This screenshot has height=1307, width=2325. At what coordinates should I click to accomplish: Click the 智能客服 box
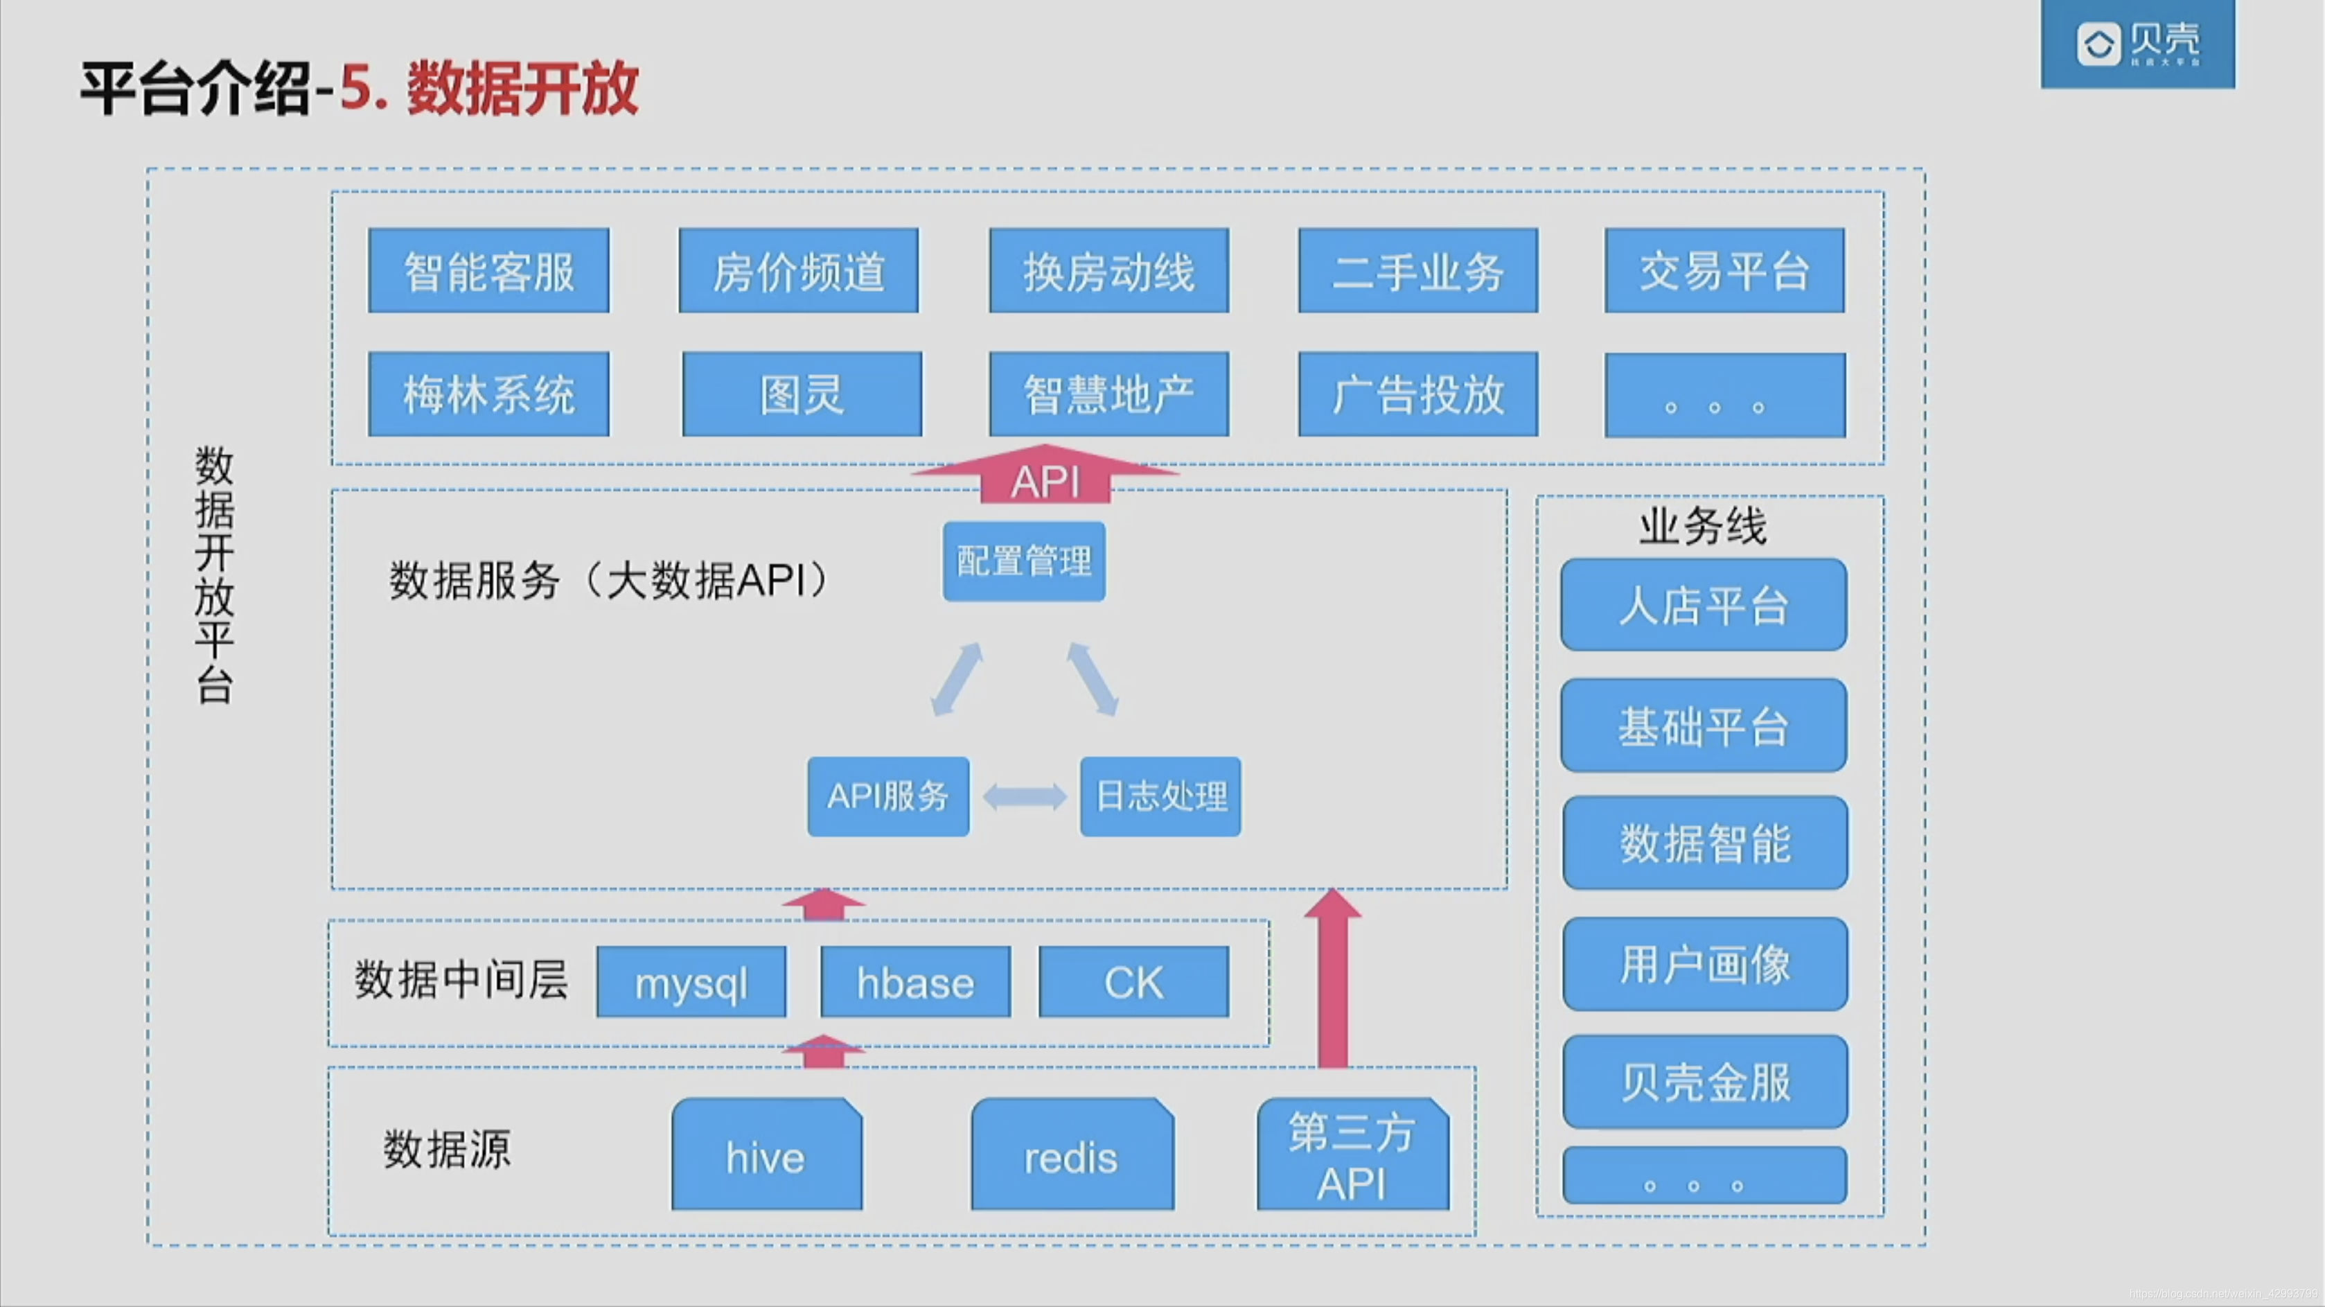[x=488, y=271]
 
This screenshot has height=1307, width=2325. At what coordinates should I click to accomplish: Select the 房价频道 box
[x=798, y=271]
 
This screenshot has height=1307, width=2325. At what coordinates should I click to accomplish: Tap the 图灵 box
[x=802, y=394]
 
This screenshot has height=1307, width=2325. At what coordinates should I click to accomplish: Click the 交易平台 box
[x=1724, y=271]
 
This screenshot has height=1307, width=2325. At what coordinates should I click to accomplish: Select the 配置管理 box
[x=1023, y=561]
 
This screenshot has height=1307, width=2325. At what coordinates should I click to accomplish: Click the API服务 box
[x=888, y=796]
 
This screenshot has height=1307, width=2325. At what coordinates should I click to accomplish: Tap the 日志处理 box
[x=1160, y=796]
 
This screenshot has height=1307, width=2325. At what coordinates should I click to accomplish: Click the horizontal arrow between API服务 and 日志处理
[x=1025, y=796]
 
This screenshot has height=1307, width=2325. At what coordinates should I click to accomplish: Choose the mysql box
[x=691, y=982]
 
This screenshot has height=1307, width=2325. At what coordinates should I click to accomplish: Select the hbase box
[x=915, y=982]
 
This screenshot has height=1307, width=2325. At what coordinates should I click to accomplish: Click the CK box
[x=1133, y=982]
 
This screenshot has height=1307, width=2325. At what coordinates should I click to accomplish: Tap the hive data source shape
[x=766, y=1155]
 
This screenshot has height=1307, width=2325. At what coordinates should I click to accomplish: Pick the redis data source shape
[x=1071, y=1155]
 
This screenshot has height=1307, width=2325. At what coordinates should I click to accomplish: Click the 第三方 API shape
[x=1352, y=1155]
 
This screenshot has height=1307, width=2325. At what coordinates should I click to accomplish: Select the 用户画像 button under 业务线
[x=1704, y=964]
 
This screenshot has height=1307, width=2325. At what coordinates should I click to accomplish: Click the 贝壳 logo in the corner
[x=2137, y=44]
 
